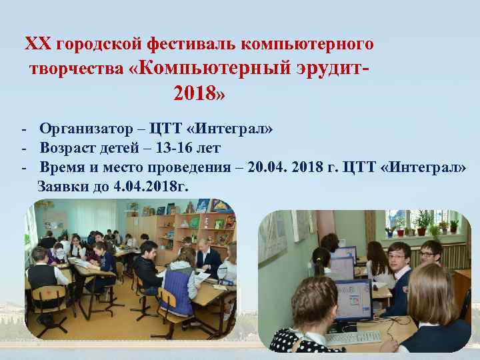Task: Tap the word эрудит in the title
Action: tap(324, 68)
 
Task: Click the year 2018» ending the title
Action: tap(199, 93)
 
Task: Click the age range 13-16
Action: tap(177, 147)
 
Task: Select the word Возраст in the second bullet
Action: tap(65, 147)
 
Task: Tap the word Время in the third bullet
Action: tap(61, 166)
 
